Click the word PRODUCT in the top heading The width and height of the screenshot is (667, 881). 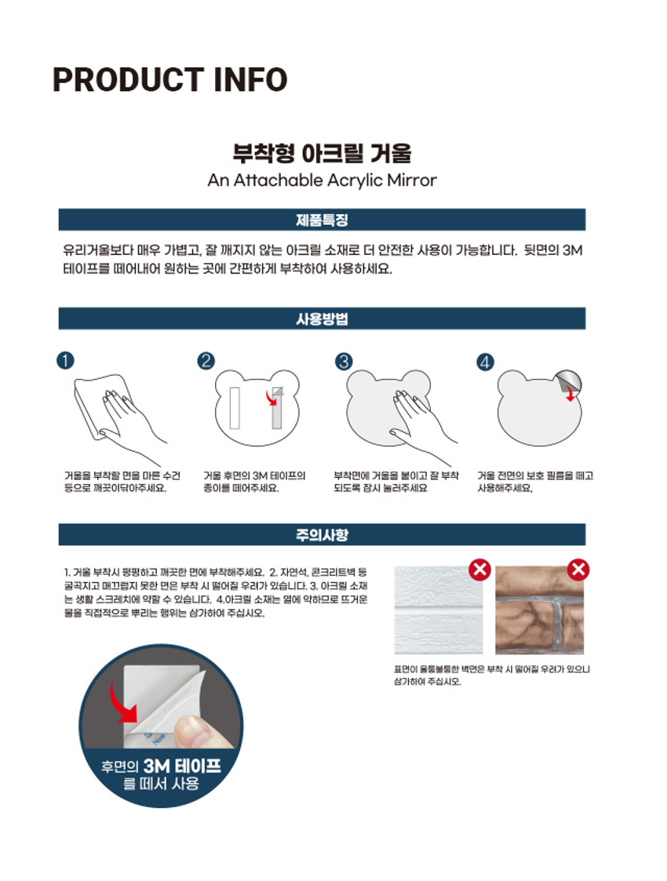(128, 80)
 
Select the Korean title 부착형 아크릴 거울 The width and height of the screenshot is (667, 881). (322, 153)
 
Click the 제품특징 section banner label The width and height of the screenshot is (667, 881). (322, 220)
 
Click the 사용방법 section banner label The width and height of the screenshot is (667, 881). (322, 319)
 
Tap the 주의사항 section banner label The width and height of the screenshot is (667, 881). (322, 534)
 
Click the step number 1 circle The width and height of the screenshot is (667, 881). (66, 360)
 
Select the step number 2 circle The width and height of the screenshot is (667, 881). (206, 360)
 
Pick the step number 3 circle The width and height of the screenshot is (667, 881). (344, 361)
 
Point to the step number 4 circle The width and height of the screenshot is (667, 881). (486, 362)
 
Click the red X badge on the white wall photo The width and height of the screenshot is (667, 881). (480, 570)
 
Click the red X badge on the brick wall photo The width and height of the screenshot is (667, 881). (578, 570)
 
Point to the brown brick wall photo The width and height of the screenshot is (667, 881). (539, 611)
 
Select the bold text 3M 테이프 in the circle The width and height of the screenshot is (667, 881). (183, 766)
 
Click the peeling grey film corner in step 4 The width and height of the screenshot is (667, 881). (567, 381)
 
